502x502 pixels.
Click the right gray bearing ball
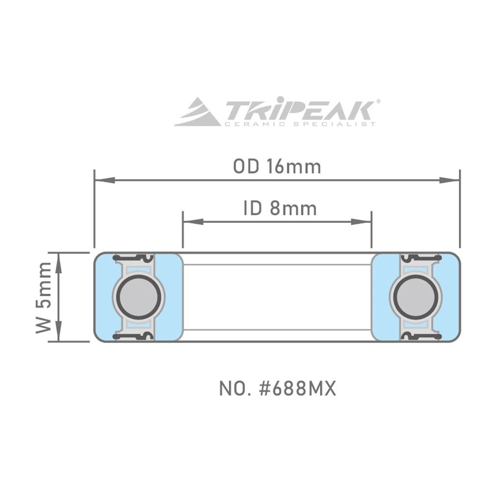click(416, 297)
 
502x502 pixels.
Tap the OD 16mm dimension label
click(277, 167)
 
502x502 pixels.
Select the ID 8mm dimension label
click(280, 209)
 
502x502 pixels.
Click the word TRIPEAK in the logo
click(299, 108)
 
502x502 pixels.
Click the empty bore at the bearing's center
click(277, 297)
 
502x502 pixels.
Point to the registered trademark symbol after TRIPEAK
click(377, 101)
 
